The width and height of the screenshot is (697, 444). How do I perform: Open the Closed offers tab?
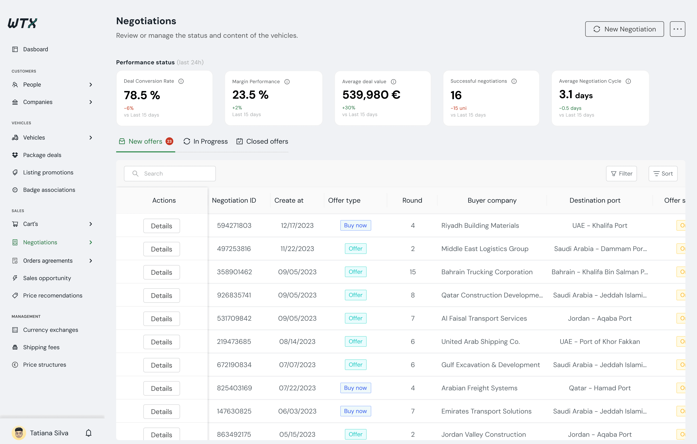(x=262, y=141)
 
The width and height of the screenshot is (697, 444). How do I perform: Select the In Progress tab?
(x=206, y=141)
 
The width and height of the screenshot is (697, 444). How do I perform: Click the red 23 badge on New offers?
(x=169, y=141)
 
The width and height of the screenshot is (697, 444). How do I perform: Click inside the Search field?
(x=170, y=173)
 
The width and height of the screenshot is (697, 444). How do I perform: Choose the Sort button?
(x=663, y=173)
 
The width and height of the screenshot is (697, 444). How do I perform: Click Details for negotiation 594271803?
(x=162, y=226)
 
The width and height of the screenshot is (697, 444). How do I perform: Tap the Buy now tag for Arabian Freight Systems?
(x=355, y=388)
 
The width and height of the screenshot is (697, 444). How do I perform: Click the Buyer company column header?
(x=492, y=200)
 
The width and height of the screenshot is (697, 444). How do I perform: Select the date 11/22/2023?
(x=297, y=249)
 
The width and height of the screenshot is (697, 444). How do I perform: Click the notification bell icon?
(x=89, y=433)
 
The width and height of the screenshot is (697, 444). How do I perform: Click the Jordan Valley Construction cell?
(x=483, y=434)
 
